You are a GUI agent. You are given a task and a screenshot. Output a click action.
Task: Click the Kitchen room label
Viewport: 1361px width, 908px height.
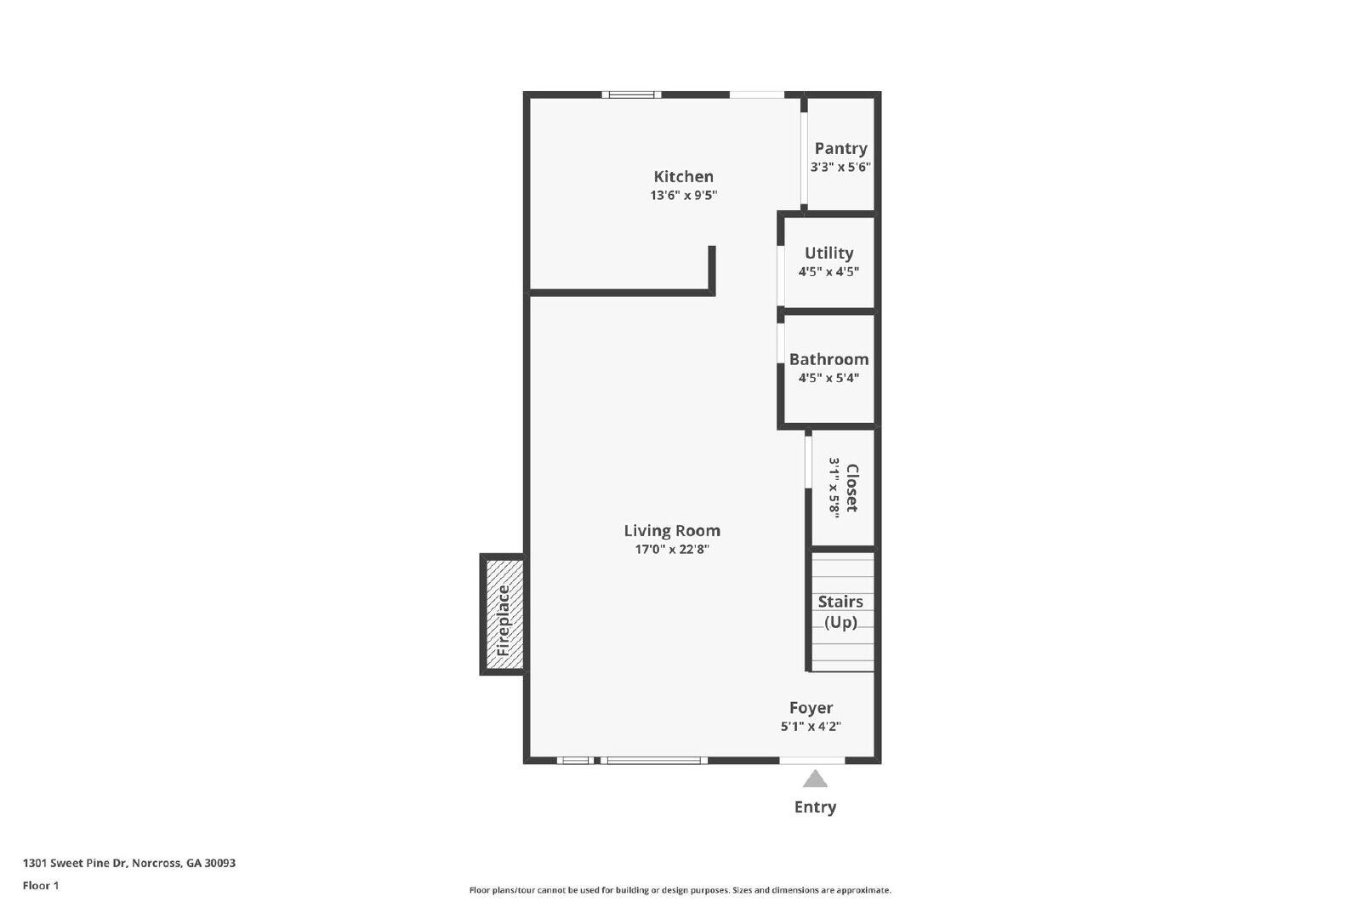[684, 177]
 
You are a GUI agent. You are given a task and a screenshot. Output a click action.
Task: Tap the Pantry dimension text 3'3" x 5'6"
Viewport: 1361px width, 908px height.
[841, 167]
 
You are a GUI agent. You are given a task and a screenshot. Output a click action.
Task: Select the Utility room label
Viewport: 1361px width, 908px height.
[829, 254]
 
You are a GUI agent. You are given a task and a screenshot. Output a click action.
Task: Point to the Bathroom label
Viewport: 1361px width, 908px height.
[829, 359]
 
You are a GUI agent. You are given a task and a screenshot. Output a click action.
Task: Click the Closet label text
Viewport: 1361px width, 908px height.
[851, 488]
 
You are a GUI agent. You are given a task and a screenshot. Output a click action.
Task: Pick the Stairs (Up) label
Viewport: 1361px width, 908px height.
[841, 612]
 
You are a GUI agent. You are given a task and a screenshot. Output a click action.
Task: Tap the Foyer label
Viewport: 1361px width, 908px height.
[811, 708]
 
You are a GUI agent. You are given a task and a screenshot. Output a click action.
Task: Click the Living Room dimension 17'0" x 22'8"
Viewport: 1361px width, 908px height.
[672, 550]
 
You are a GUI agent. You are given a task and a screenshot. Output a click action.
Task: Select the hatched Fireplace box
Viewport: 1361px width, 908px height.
[503, 614]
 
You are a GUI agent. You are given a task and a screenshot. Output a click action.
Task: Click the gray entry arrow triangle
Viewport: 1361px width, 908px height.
[816, 780]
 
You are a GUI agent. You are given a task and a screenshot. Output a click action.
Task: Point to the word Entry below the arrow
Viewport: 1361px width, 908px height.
[816, 807]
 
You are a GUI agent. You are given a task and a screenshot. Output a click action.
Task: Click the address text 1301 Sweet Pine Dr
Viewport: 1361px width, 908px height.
[75, 863]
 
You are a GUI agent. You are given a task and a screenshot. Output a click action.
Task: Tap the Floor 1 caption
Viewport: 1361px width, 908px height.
[41, 886]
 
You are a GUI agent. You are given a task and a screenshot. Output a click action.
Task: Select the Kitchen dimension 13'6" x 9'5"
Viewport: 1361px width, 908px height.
[684, 196]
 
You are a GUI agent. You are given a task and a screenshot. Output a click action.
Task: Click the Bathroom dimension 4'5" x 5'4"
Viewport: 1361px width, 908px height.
[829, 378]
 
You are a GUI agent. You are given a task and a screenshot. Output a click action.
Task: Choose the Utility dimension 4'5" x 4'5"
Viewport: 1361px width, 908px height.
[829, 271]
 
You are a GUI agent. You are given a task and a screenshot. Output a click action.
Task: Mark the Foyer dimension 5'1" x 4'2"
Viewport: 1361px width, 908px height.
[811, 726]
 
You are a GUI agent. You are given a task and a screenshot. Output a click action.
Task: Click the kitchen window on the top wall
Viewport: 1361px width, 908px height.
[631, 94]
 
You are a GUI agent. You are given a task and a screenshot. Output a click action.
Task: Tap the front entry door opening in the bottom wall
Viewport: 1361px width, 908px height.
[812, 760]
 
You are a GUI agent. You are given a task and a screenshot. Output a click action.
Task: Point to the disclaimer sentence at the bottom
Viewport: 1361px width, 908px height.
[680, 890]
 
